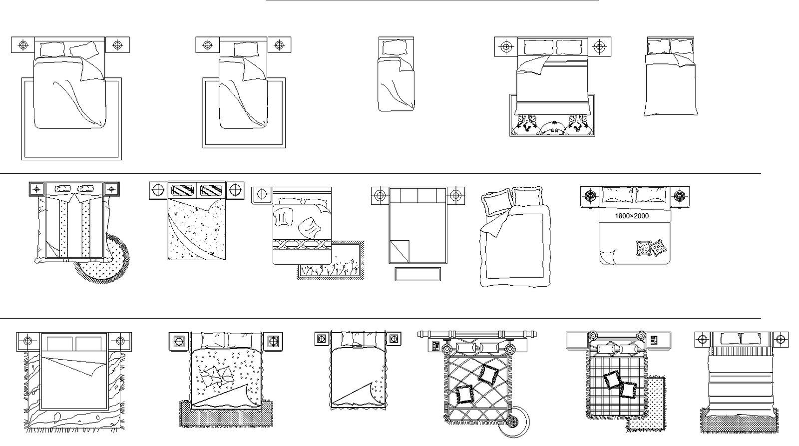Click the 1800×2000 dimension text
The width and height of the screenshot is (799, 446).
coord(631,216)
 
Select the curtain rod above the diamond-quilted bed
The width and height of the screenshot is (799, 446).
coord(477,334)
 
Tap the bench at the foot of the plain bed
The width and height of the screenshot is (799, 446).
coord(417,274)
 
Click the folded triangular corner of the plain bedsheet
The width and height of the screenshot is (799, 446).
coord(399,251)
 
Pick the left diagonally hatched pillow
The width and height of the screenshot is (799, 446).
coord(183,190)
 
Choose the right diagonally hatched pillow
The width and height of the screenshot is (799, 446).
coord(211,190)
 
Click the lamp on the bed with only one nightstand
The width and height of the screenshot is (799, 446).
coord(262,194)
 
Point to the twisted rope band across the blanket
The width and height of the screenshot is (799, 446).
coord(302,244)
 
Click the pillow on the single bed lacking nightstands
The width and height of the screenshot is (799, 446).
coord(395,47)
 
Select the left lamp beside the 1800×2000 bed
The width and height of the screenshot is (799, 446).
coord(591,196)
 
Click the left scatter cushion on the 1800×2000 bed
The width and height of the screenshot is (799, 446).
coord(644,248)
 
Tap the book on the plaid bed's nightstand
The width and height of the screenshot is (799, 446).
coord(654,340)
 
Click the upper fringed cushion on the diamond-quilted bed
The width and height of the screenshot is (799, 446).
coord(488,374)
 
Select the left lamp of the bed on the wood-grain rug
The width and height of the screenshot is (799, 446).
coord(28,341)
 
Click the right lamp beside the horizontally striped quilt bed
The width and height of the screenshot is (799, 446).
coord(781,339)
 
